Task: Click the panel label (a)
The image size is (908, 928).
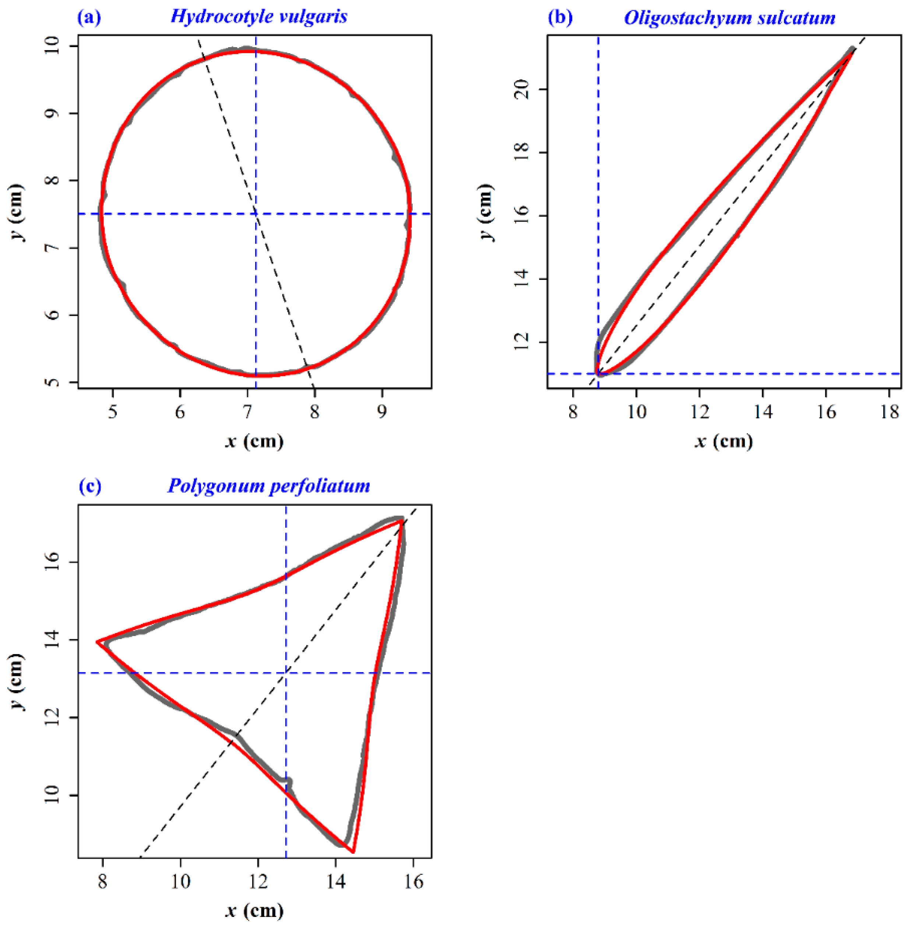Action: (89, 18)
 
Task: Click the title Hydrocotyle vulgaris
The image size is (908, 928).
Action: (259, 17)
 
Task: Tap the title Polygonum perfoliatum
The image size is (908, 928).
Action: (268, 486)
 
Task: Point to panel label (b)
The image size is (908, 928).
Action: (560, 18)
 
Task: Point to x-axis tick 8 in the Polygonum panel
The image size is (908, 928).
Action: (102, 881)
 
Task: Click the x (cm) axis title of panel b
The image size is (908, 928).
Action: (724, 441)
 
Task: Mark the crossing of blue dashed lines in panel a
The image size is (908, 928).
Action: (256, 214)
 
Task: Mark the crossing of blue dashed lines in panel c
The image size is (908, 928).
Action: (286, 673)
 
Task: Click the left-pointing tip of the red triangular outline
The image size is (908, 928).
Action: (97, 642)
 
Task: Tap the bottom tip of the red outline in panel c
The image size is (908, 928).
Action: (352, 852)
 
